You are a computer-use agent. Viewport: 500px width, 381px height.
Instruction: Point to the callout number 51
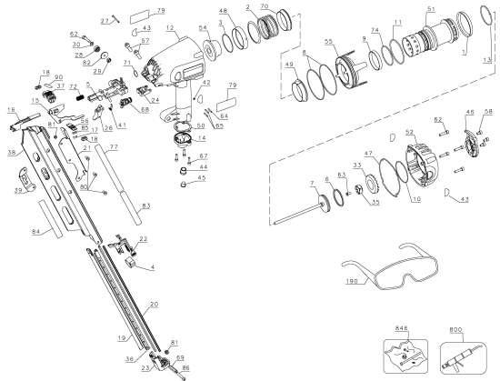click(455, 9)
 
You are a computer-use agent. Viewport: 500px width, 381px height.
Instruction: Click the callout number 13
click(487, 60)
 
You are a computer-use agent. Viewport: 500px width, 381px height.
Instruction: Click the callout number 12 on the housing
click(170, 28)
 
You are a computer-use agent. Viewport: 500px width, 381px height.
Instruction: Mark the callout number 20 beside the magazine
click(153, 305)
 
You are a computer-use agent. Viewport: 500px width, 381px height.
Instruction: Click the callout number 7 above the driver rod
click(310, 185)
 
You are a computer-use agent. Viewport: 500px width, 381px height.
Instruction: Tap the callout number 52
click(409, 134)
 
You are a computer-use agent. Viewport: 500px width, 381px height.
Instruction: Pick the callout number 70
click(264, 6)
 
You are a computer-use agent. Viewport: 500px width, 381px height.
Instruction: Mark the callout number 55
click(328, 42)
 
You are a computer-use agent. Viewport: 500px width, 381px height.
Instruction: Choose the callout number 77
click(113, 145)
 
